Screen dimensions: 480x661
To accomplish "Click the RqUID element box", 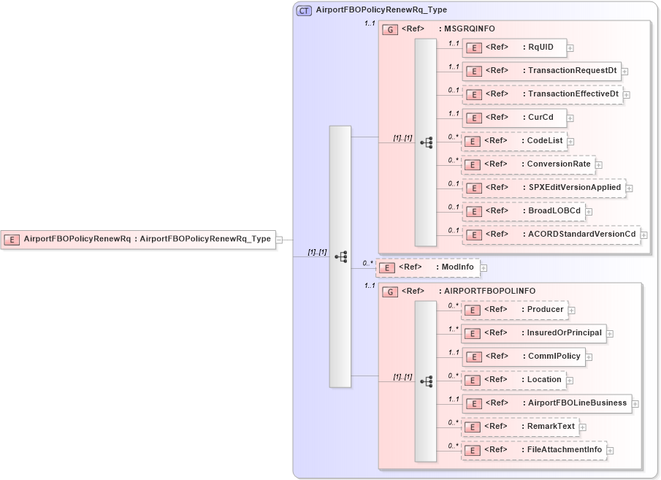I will [x=514, y=47].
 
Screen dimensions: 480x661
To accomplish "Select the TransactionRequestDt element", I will [x=541, y=71].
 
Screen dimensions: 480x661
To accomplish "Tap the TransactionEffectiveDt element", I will [x=542, y=94].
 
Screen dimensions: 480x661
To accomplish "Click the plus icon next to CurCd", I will [x=570, y=118].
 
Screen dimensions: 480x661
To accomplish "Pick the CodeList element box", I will [x=514, y=141].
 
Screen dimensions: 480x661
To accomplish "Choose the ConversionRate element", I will [x=528, y=164].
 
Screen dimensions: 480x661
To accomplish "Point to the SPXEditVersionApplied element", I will [x=543, y=188].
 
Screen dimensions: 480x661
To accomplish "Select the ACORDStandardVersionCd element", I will [x=551, y=235].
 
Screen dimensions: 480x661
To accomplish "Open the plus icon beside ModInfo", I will [x=484, y=268].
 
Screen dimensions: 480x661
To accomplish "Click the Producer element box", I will [x=514, y=310].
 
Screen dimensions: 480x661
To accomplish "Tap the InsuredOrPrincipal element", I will [x=533, y=333].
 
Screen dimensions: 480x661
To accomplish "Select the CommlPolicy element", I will [x=523, y=357].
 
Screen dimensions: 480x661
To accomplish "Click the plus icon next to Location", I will [x=570, y=381].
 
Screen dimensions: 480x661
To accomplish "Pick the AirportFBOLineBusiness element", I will [x=546, y=403].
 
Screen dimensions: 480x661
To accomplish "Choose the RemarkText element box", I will [x=520, y=427].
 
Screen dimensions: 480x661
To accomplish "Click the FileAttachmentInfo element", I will [x=534, y=450].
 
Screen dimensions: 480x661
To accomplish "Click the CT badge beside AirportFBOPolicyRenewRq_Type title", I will [x=304, y=10].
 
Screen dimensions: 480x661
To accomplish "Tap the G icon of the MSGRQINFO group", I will [x=390, y=30].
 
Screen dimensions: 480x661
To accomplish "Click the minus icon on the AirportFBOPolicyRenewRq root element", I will [x=280, y=239].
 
